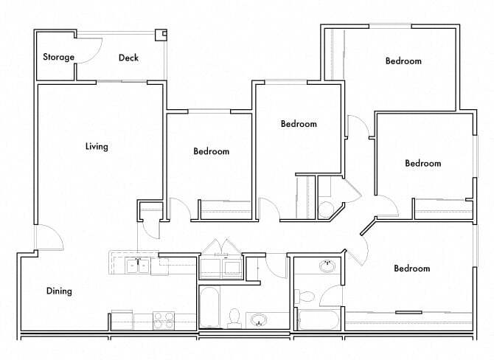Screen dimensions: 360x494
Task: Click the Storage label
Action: tap(58, 57)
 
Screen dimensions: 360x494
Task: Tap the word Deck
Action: tap(128, 58)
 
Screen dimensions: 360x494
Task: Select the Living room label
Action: tap(97, 146)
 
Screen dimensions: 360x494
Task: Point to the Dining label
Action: tap(59, 291)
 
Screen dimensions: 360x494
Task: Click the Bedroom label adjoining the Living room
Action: tap(211, 151)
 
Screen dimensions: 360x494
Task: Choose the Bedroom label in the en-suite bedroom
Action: tap(411, 269)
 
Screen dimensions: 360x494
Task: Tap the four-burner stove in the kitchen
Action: tap(163, 320)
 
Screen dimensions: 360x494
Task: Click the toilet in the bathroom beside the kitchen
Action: tap(234, 316)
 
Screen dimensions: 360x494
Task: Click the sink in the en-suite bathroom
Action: tap(325, 266)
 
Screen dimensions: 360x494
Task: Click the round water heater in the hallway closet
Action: tap(325, 209)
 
